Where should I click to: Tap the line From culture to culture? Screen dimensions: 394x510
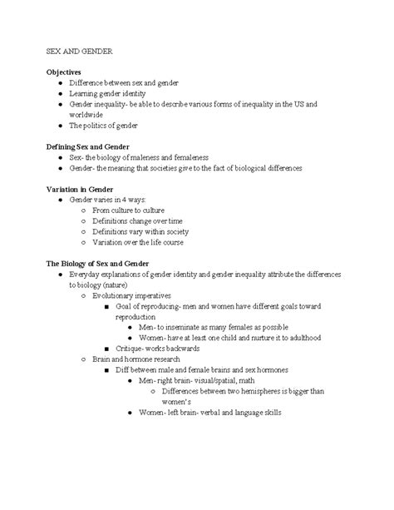click(127, 210)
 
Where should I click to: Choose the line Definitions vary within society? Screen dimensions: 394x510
click(137, 232)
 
